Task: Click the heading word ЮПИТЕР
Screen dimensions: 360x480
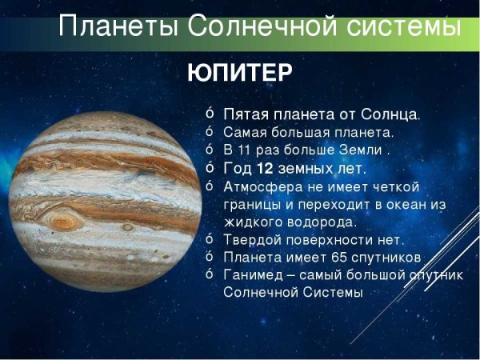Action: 240,73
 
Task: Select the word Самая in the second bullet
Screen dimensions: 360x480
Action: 242,132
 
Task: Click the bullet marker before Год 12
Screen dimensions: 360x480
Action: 210,168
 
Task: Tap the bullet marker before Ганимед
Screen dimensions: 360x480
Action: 210,274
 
